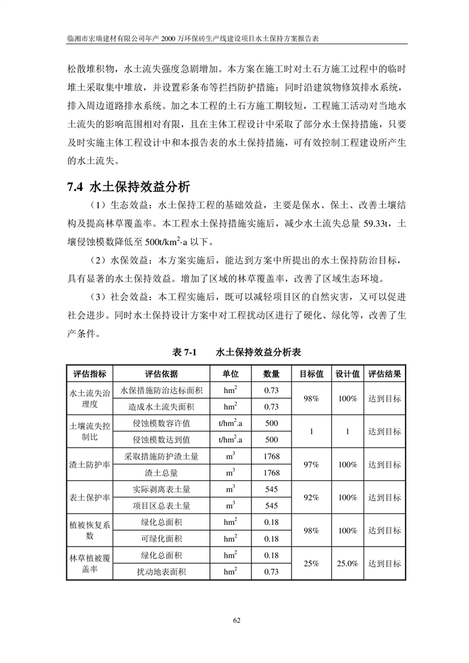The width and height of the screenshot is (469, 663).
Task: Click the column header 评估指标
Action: point(90,374)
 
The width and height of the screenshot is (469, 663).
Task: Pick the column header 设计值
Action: point(348,374)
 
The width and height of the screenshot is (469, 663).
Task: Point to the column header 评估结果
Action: point(384,374)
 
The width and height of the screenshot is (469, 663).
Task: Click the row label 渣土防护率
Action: point(90,464)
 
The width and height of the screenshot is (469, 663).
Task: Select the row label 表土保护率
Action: point(90,498)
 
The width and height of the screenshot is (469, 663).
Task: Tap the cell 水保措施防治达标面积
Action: point(161,390)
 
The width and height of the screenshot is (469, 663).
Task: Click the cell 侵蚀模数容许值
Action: point(161,423)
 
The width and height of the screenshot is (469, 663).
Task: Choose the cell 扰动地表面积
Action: point(161,571)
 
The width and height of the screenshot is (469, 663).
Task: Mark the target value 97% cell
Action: point(311,464)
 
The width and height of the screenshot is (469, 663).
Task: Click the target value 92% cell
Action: point(311,498)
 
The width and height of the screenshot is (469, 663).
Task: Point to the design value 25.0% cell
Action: point(348,564)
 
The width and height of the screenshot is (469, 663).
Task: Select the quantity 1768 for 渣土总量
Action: point(271,473)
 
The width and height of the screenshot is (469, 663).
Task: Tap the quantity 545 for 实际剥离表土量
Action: point(271,489)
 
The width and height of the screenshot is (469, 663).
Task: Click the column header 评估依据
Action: point(161,374)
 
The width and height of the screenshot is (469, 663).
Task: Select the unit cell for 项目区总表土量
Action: point(231,505)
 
